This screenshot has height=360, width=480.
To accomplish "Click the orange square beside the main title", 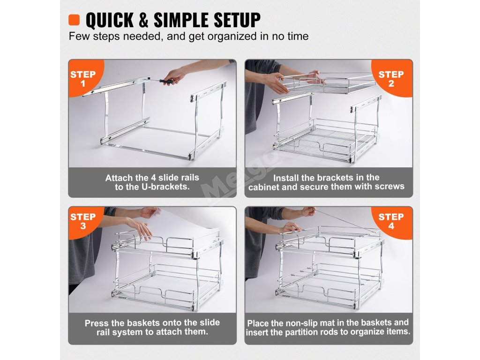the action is (x=74, y=20).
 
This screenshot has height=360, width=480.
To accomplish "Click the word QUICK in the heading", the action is (x=110, y=20).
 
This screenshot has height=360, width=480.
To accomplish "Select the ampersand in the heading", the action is (x=143, y=20).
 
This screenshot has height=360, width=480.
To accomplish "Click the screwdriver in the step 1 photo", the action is (x=162, y=81).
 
